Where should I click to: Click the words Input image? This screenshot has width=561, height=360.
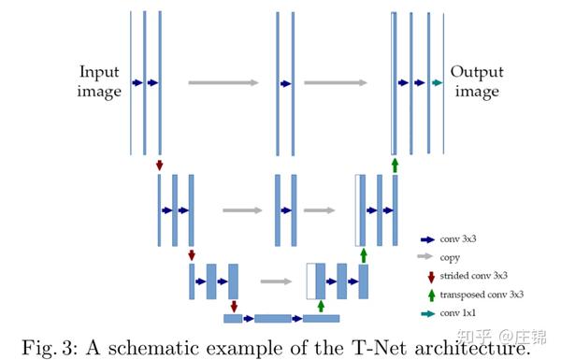point(100,81)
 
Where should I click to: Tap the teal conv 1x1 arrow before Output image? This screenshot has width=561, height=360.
point(437,82)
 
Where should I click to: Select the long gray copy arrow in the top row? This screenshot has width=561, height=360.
point(223,82)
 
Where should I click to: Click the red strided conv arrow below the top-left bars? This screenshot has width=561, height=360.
point(160,165)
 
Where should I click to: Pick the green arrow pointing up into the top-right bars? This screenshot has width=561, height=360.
point(395,165)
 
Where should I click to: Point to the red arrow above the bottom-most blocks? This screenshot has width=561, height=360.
point(234,306)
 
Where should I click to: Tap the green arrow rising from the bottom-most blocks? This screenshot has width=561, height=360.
point(322,306)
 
